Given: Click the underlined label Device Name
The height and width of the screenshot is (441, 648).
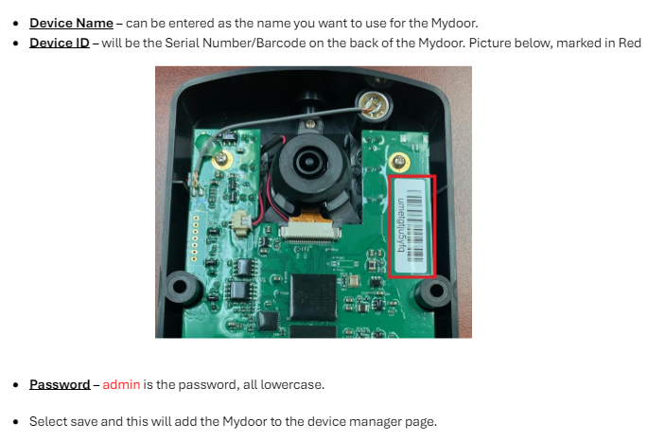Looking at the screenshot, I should [71, 23].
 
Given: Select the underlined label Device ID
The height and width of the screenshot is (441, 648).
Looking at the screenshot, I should [60, 44].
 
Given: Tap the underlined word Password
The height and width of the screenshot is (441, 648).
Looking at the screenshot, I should [59, 384].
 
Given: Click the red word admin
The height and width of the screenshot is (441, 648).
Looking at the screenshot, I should [121, 384].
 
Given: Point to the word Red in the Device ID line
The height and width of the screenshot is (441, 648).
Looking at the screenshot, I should [630, 44].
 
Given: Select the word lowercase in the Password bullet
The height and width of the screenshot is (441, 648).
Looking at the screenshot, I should [292, 384].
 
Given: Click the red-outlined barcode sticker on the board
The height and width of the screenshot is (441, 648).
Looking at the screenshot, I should [412, 225].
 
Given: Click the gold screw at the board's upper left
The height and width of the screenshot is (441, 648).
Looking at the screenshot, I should [222, 159].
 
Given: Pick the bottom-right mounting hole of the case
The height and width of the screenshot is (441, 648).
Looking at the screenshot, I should [434, 292].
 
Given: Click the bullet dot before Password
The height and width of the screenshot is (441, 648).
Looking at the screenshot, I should [16, 385].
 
